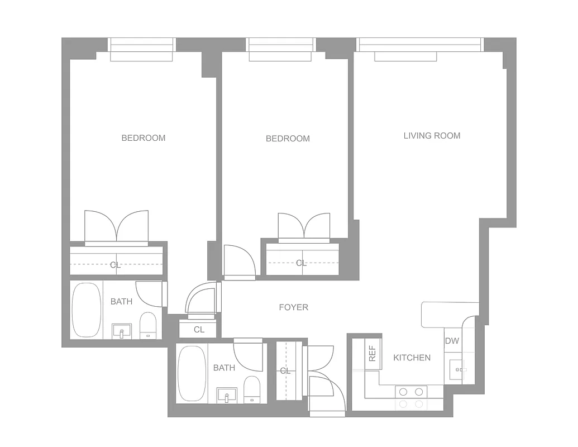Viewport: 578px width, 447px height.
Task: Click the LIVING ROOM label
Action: point(432,136)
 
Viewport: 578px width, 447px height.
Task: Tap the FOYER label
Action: point(293,307)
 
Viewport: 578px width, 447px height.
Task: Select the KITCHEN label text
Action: point(412,358)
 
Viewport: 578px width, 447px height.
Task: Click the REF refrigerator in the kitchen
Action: point(372,354)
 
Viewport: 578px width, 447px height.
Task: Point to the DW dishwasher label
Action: point(452,341)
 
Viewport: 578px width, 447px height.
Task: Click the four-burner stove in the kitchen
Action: point(411,398)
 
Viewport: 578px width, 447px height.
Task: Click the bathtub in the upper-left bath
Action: point(86,310)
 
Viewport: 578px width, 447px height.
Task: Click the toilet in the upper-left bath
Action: point(148,325)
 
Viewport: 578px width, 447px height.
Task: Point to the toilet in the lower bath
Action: point(252,389)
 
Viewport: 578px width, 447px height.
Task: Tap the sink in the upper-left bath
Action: point(122,331)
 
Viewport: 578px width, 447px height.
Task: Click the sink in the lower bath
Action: point(227,396)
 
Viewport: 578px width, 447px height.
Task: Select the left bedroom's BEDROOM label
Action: point(144,138)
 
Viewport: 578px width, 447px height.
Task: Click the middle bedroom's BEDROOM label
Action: point(288,139)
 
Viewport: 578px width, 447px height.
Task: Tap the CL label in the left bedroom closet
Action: point(115,265)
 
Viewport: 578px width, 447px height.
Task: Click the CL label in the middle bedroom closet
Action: point(302,263)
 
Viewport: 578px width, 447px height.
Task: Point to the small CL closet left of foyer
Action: point(199,330)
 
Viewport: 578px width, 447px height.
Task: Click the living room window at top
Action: point(420,45)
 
